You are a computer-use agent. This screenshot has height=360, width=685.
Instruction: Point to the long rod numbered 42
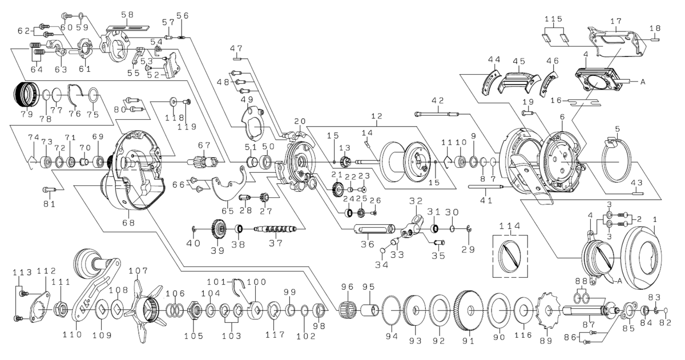[x=438, y=114]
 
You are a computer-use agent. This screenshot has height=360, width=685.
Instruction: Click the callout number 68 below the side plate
[x=128, y=223]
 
